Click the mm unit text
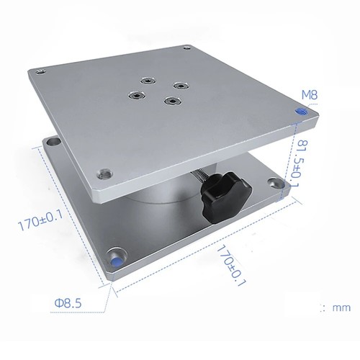[x=341, y=307]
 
